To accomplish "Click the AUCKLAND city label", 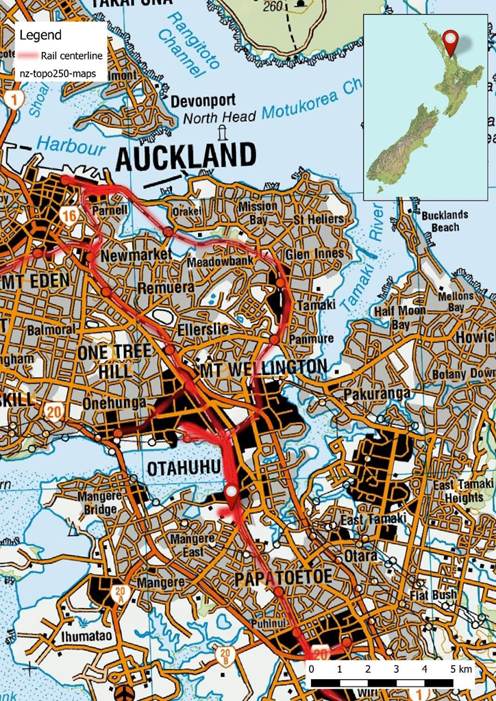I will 186,157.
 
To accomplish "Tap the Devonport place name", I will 203,101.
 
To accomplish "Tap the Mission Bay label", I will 258,213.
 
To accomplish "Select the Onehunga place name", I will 114,403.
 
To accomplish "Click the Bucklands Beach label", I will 445,220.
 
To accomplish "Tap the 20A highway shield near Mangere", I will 121,592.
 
